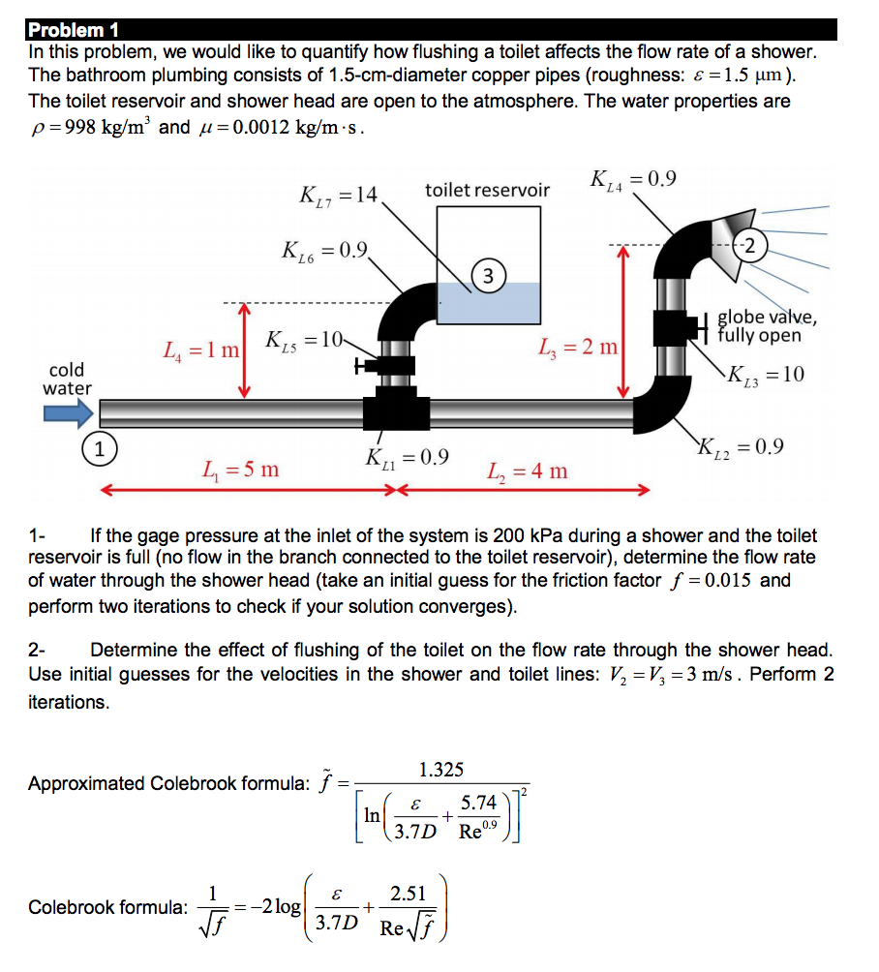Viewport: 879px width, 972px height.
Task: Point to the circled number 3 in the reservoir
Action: (489, 276)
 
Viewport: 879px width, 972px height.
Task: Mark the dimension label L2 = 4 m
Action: (528, 471)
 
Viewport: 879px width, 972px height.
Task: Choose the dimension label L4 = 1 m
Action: (201, 346)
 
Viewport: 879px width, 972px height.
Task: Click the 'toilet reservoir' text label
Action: (487, 190)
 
